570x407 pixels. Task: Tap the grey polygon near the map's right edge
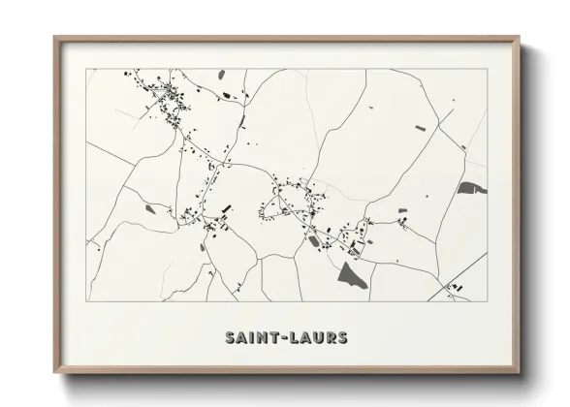click(470, 187)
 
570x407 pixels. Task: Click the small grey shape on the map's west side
click(149, 207)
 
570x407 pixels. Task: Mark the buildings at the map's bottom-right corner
click(453, 286)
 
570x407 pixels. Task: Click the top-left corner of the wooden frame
click(55, 37)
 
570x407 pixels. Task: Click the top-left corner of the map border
click(86, 70)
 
